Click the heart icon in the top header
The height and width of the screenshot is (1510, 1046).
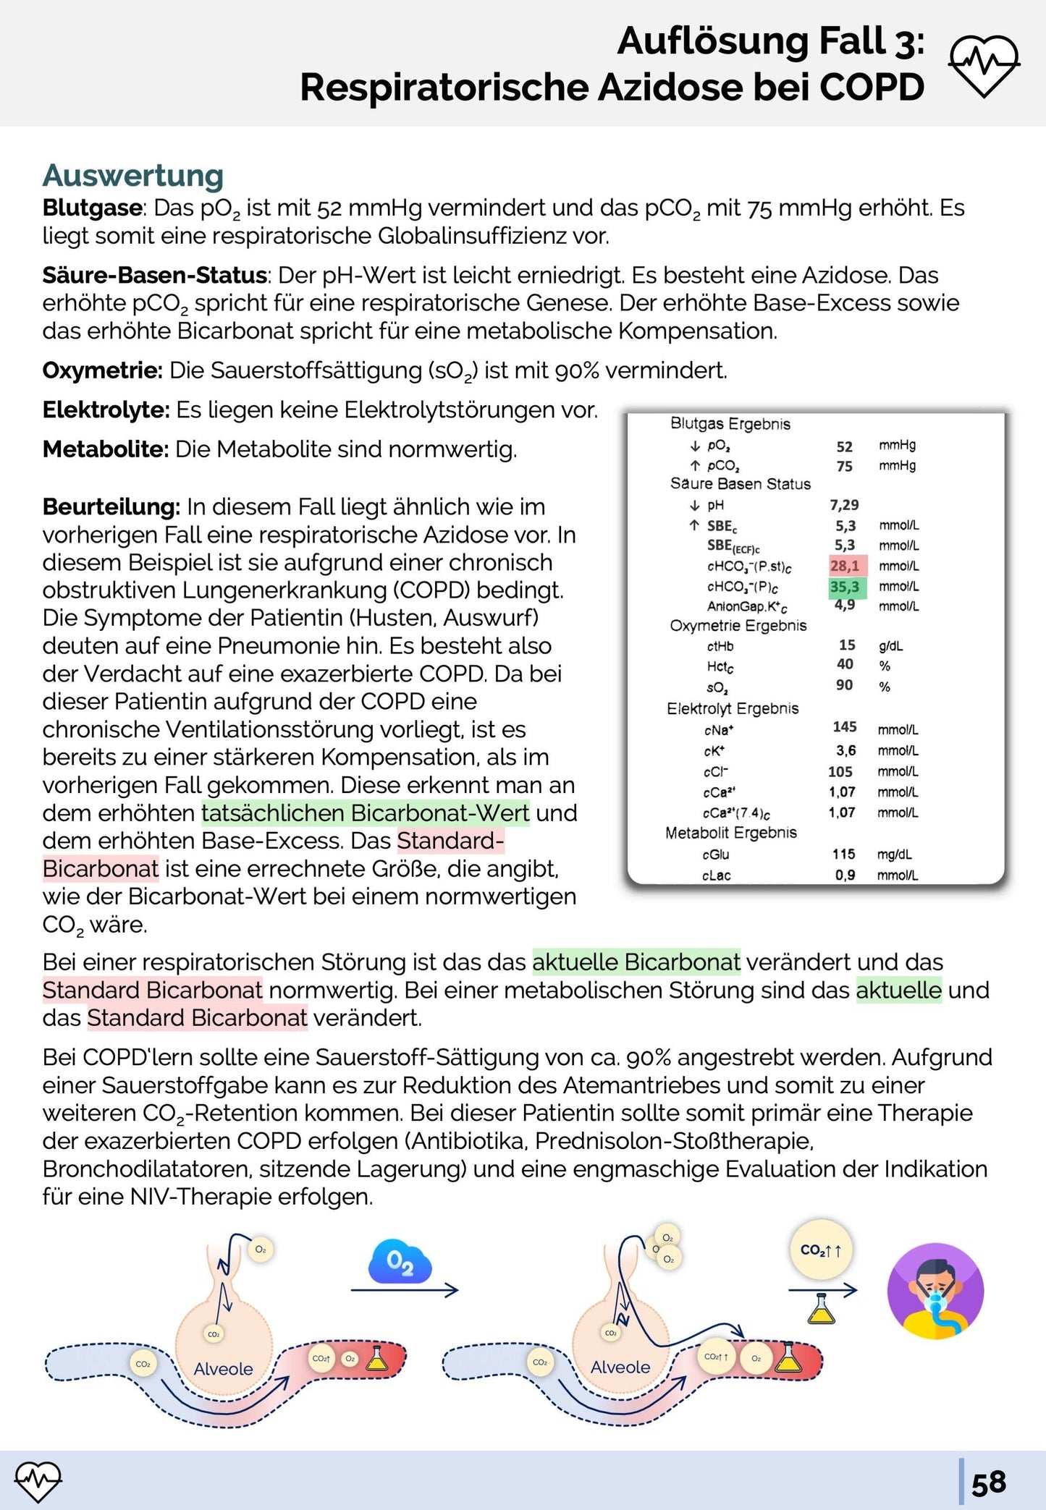(x=984, y=66)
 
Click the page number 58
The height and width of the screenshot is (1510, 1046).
(x=989, y=1483)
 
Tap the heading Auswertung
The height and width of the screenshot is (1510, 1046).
(x=133, y=176)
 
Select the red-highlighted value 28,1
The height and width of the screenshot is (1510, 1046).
(x=845, y=566)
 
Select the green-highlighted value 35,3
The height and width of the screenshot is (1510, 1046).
(x=845, y=587)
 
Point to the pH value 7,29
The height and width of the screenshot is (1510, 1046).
(x=844, y=505)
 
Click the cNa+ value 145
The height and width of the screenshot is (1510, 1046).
(x=844, y=727)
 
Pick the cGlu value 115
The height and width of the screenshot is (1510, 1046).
(x=843, y=854)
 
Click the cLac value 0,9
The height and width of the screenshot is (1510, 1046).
(x=845, y=875)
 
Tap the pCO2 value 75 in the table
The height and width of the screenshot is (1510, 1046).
(x=844, y=467)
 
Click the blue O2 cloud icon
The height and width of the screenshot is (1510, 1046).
(x=400, y=1263)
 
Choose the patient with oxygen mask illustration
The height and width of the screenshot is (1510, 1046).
(x=935, y=1291)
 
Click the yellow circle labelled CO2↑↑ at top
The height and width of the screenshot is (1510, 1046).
(x=821, y=1250)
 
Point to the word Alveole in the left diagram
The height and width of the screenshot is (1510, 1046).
(x=223, y=1369)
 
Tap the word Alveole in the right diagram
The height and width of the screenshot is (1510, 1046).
(x=620, y=1367)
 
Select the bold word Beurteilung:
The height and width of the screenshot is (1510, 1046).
(x=111, y=507)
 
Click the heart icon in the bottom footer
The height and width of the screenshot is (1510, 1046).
(x=38, y=1481)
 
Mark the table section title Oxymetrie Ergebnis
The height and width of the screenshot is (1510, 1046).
(x=738, y=626)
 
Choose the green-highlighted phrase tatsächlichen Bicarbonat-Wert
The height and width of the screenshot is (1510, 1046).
(x=366, y=813)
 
